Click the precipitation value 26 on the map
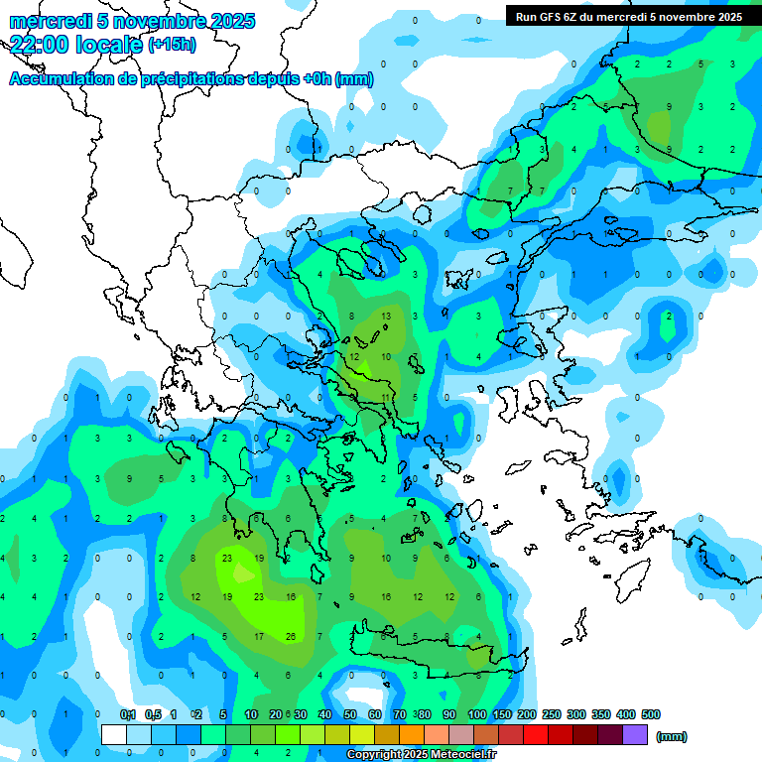290,636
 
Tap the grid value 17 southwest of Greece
259,636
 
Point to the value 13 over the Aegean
386,316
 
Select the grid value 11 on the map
386,397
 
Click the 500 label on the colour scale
650,714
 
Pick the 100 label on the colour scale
477,714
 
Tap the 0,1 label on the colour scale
128,714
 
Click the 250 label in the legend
552,714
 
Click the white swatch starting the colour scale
114,735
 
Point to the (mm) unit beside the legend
672,736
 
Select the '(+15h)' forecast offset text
172,45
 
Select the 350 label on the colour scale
601,714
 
